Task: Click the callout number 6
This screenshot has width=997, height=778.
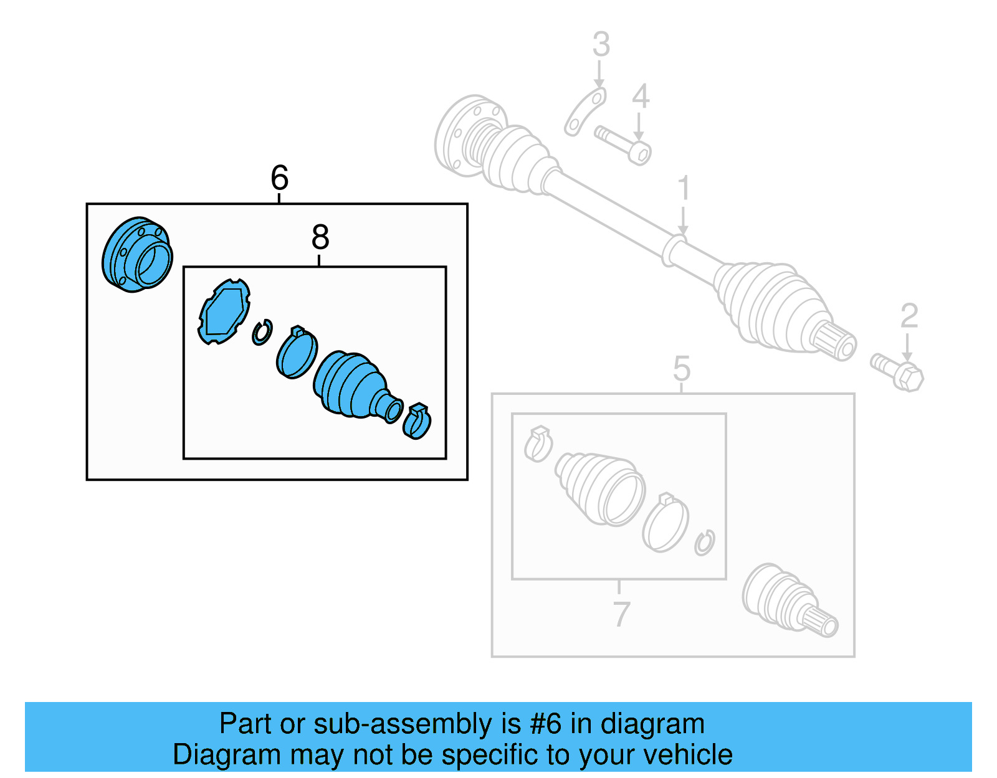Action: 280,178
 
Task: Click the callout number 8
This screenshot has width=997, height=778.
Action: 320,237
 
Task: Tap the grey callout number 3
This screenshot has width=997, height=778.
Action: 601,45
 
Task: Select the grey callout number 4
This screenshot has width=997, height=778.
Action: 640,97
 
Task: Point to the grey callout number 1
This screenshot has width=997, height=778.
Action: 684,188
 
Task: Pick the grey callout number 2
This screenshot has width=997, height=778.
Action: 909,316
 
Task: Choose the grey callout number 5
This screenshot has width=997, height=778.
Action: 682,369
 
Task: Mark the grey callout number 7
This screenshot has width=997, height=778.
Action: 621,615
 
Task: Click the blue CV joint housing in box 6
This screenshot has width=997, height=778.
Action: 137,255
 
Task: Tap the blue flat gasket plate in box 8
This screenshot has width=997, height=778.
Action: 224,311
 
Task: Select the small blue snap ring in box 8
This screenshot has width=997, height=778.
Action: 262,333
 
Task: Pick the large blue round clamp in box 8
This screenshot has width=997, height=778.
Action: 297,353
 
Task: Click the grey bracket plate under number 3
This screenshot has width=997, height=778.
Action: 585,112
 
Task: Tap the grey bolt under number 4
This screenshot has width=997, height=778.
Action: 623,144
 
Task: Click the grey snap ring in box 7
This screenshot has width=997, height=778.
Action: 705,543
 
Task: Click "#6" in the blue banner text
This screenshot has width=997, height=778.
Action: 546,724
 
